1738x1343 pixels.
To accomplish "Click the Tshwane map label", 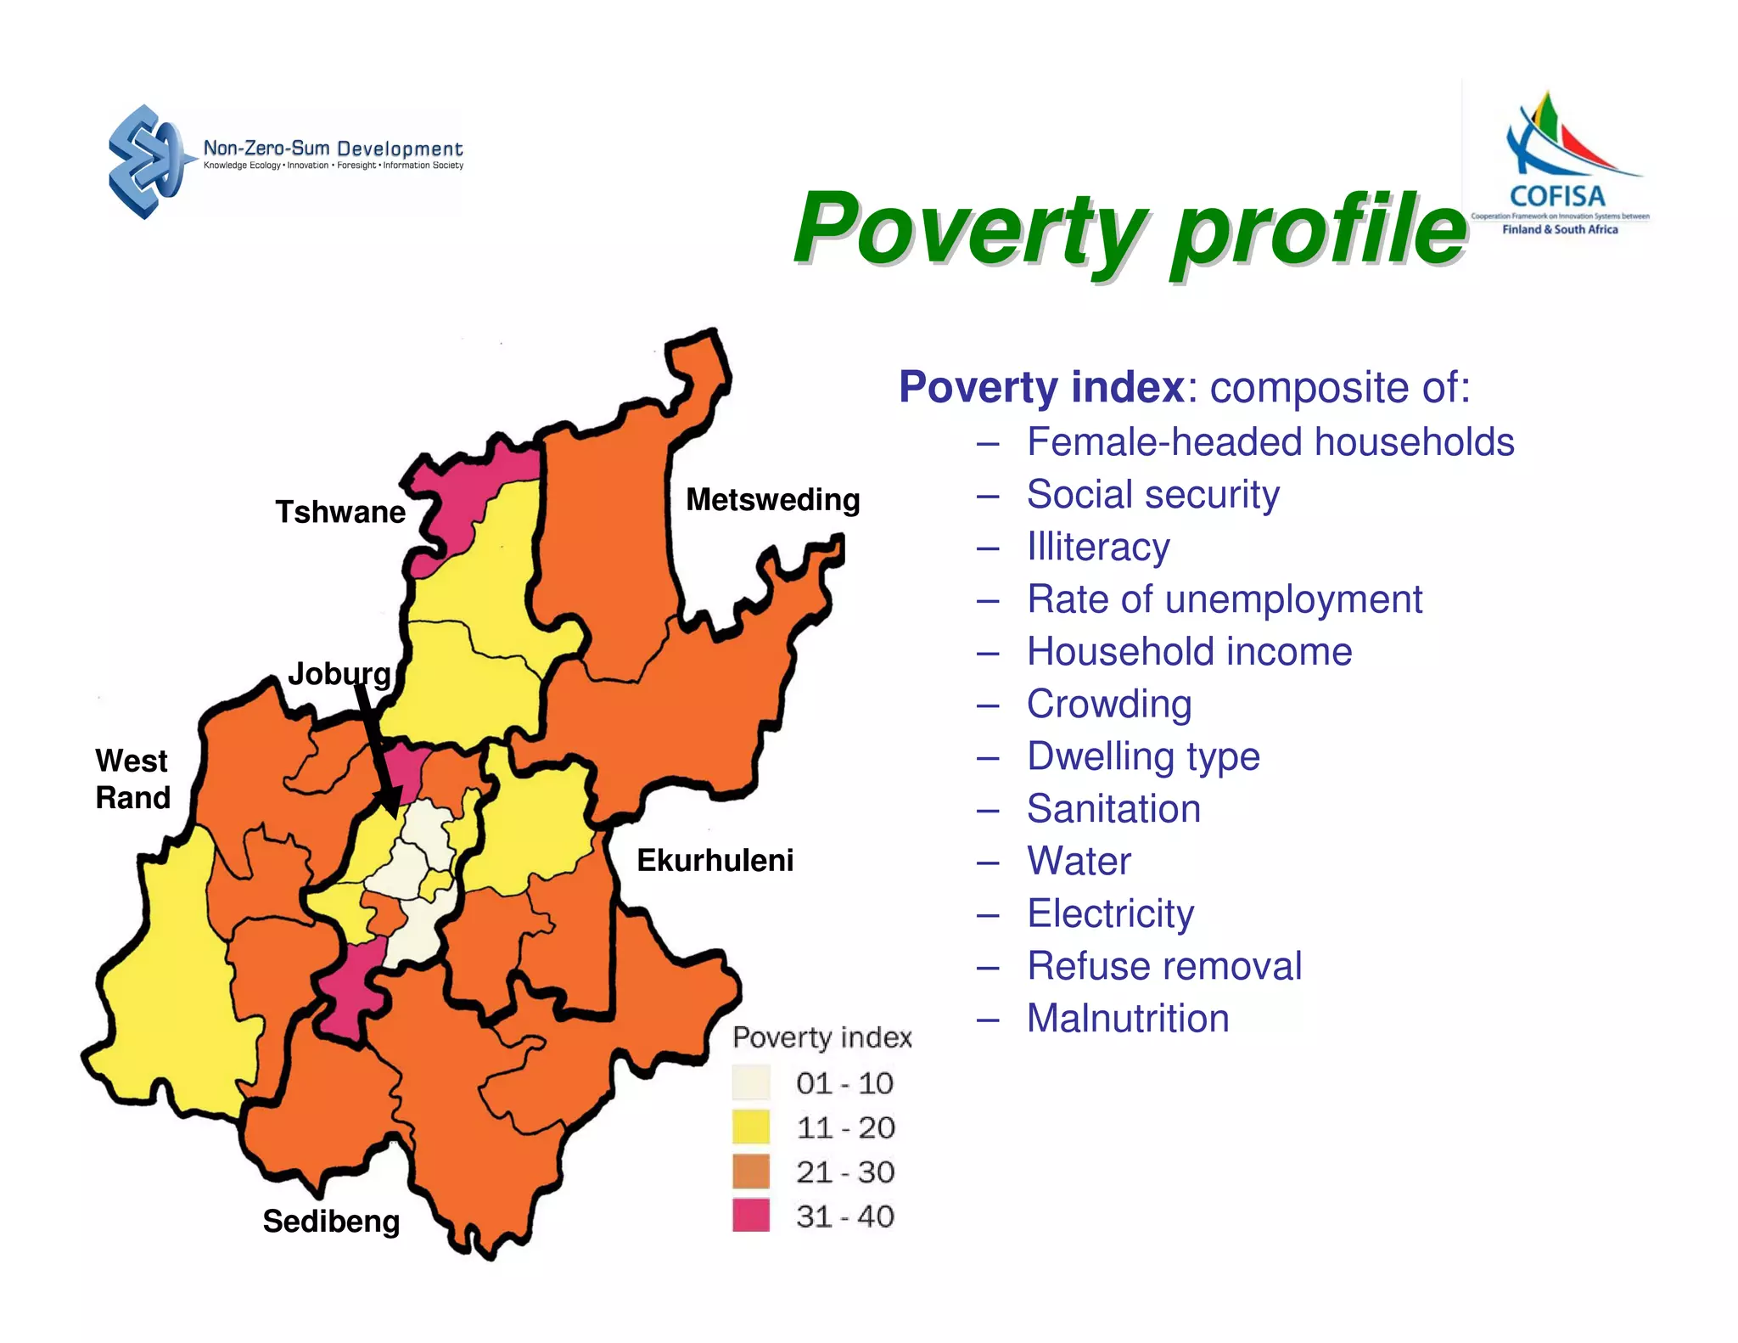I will pyautogui.click(x=340, y=512).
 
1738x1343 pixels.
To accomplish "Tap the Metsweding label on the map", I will pyautogui.click(x=772, y=499).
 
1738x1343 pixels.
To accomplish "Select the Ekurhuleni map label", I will pyautogui.click(x=715, y=860).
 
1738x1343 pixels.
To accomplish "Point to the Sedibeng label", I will pyautogui.click(x=331, y=1221).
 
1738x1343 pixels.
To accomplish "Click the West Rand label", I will pyautogui.click(x=132, y=778).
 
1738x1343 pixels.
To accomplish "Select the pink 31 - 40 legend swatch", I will pyautogui.click(x=750, y=1215).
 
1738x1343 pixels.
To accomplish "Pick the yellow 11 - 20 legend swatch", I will pyautogui.click(x=750, y=1127).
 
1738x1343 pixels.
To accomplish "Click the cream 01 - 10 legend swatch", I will pyautogui.click(x=750, y=1082).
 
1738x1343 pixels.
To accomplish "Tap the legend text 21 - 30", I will pyautogui.click(x=844, y=1172).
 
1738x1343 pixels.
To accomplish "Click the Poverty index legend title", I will pyautogui.click(x=821, y=1037).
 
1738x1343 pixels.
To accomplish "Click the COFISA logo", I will pyautogui.click(x=1560, y=166).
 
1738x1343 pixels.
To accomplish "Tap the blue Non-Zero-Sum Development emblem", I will pyautogui.click(x=146, y=161).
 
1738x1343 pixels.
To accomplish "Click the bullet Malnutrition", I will pyautogui.click(x=1127, y=1018).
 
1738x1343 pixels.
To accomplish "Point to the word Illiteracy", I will pyautogui.click(x=1097, y=547).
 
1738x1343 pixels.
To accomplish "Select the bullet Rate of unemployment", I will pyautogui.click(x=1224, y=599).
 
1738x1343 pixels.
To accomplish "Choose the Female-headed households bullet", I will pyautogui.click(x=1270, y=442).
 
